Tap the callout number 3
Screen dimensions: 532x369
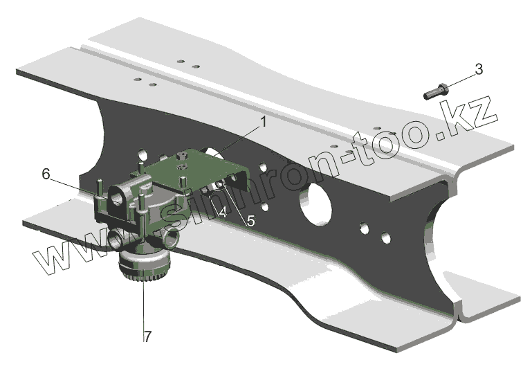[479, 69]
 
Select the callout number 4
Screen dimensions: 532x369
[223, 213]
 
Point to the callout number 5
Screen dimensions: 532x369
[250, 221]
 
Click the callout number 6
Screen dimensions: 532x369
[46, 174]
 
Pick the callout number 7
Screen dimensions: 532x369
[147, 336]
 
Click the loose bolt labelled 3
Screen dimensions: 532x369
[436, 91]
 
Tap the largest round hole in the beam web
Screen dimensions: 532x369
[315, 204]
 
